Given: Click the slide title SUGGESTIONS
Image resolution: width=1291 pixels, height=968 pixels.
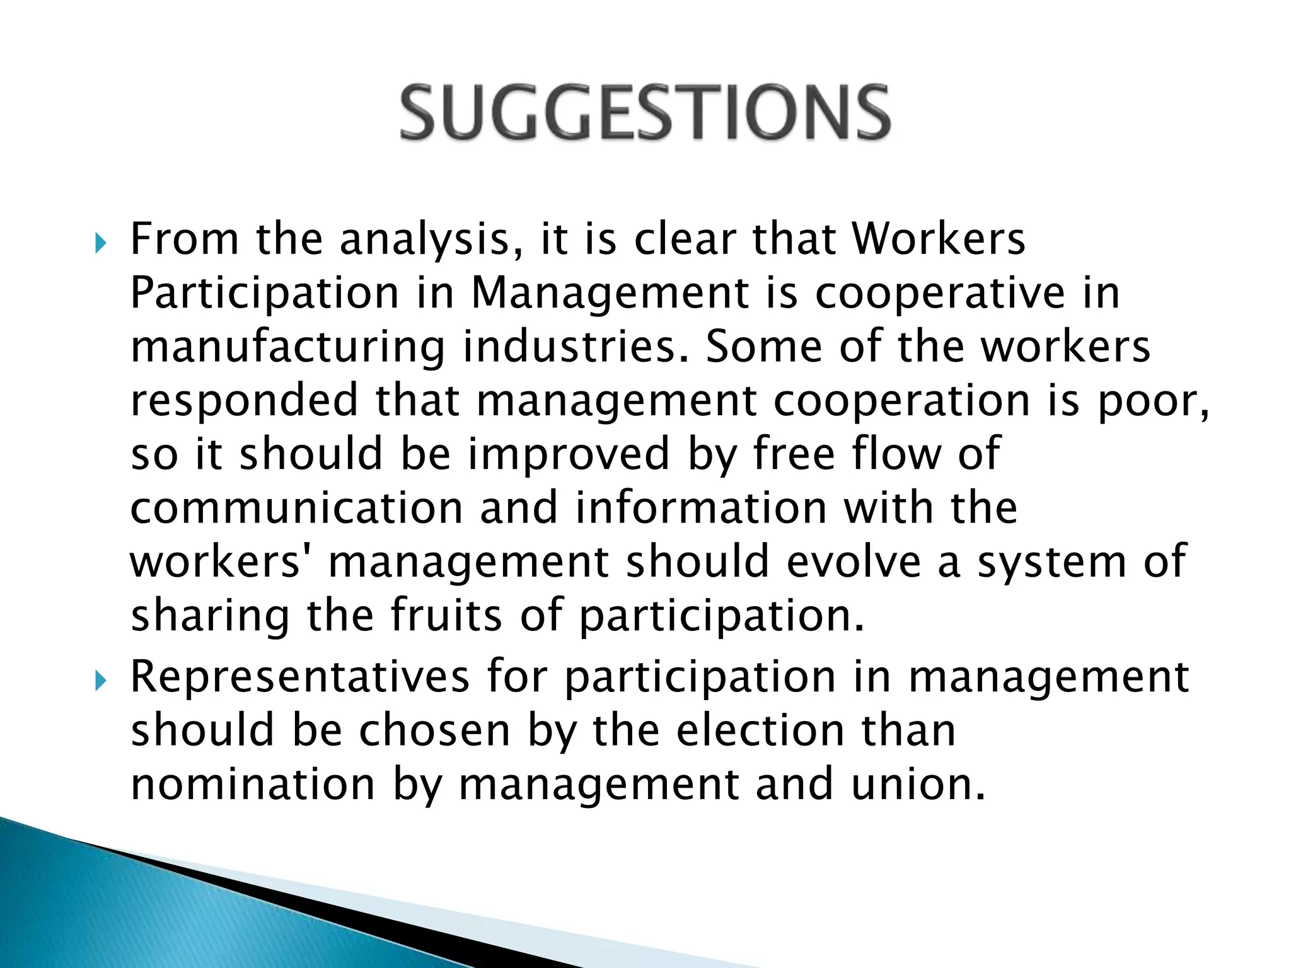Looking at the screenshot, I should pyautogui.click(x=645, y=113).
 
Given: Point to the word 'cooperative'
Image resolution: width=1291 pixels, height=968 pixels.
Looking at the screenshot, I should pyautogui.click(x=939, y=294).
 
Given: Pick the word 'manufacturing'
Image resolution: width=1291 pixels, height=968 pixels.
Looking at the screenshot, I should pyautogui.click(x=287, y=349).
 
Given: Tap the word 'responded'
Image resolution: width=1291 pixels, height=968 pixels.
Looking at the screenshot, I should pyautogui.click(x=245, y=401).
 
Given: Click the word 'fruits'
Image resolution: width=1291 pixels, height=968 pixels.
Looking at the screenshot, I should pyautogui.click(x=446, y=616).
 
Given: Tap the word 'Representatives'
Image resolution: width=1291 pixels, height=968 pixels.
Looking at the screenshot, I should pyautogui.click(x=300, y=677).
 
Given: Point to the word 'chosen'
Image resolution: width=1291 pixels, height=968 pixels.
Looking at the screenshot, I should pyautogui.click(x=434, y=731).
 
